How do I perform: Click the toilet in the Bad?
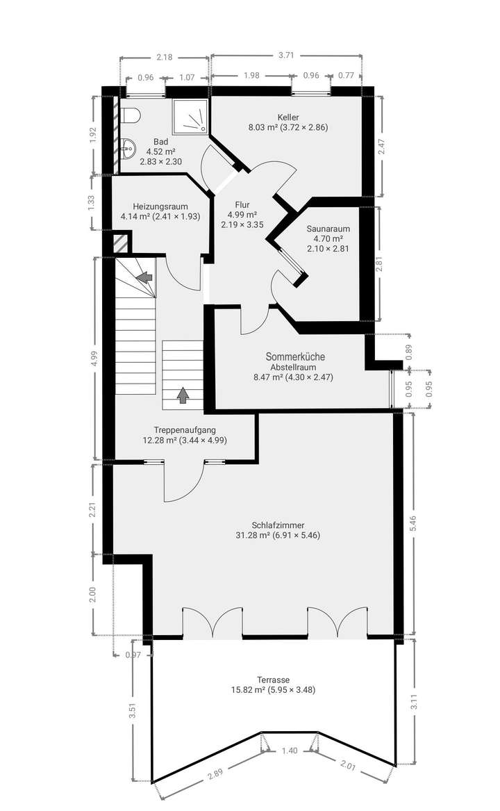tap(131, 115)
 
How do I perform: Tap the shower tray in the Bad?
tap(190, 115)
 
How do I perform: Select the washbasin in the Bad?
tap(126, 147)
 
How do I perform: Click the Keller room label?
tap(287, 117)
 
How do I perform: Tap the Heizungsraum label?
tap(160, 206)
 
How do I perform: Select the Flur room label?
tap(242, 205)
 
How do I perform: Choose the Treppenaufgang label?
tap(184, 429)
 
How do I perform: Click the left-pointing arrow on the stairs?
tap(144, 277)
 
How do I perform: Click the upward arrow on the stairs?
tap(183, 395)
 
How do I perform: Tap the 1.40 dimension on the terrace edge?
tap(290, 751)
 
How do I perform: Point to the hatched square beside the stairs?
tap(121, 244)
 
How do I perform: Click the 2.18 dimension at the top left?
tap(164, 57)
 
